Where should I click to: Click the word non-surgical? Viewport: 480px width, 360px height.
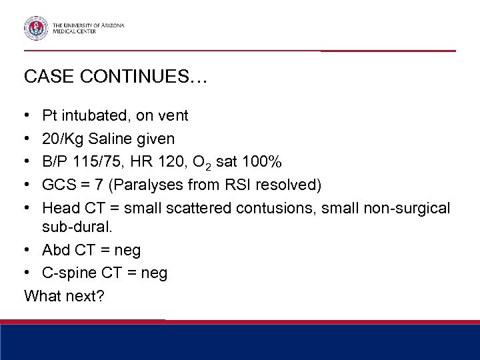click(x=408, y=209)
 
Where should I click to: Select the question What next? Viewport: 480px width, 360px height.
click(x=64, y=295)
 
